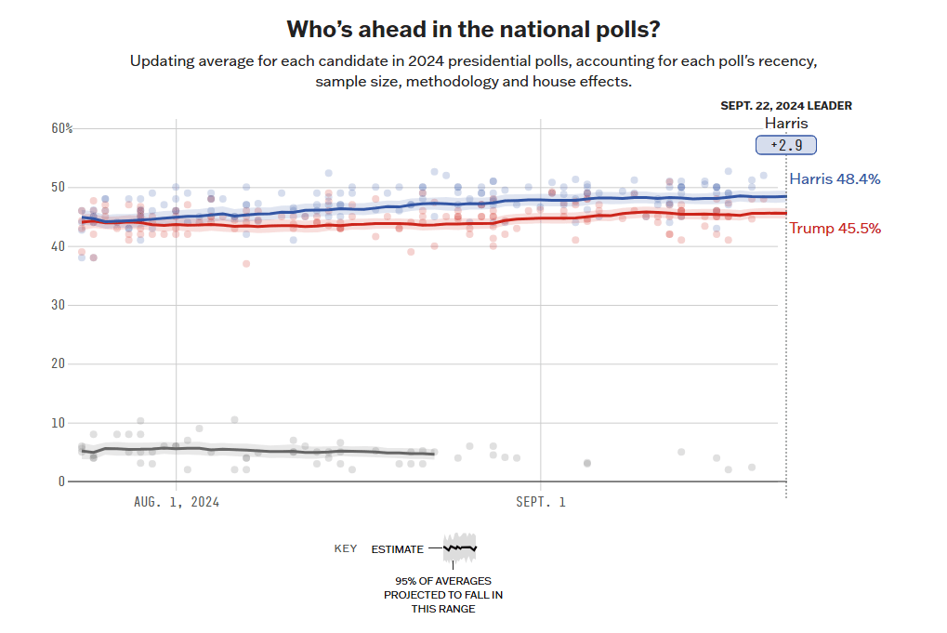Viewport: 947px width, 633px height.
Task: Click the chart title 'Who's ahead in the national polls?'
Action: click(x=473, y=29)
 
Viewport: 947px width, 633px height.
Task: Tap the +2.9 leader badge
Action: click(x=785, y=145)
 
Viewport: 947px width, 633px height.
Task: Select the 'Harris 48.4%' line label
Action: click(x=835, y=178)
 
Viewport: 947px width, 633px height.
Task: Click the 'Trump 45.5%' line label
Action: click(x=835, y=229)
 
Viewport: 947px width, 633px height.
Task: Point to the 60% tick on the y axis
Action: click(x=62, y=128)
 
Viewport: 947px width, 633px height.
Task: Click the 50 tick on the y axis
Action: click(x=59, y=187)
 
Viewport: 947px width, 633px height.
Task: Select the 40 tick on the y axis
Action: click(x=59, y=246)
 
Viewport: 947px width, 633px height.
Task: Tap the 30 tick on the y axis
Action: click(x=59, y=305)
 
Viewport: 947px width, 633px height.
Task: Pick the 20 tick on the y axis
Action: click(x=59, y=363)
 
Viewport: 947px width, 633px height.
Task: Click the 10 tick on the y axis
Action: click(x=59, y=423)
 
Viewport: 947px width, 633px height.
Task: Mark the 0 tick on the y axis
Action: click(x=61, y=481)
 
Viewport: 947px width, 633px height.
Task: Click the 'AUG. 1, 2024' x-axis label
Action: click(x=177, y=502)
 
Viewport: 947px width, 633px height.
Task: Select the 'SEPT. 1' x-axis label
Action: click(x=541, y=502)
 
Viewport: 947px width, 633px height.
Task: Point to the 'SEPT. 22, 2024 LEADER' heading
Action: click(x=786, y=106)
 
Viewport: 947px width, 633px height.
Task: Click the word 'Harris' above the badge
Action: click(x=786, y=124)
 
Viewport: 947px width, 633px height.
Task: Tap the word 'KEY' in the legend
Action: click(x=346, y=549)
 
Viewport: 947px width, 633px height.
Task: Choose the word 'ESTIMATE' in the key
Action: click(x=397, y=549)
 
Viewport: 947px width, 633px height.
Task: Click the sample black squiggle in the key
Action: click(x=460, y=547)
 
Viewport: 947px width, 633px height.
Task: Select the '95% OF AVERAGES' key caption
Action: click(x=443, y=581)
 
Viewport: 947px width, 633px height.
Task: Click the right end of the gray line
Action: click(x=434, y=455)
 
